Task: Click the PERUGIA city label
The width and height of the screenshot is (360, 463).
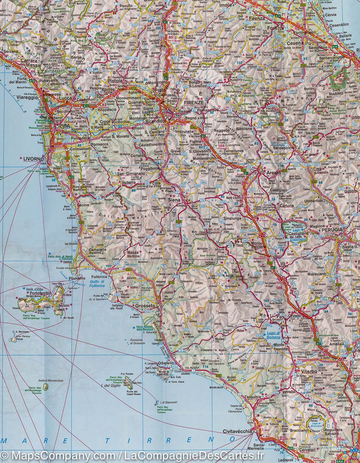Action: [x=331, y=230]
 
